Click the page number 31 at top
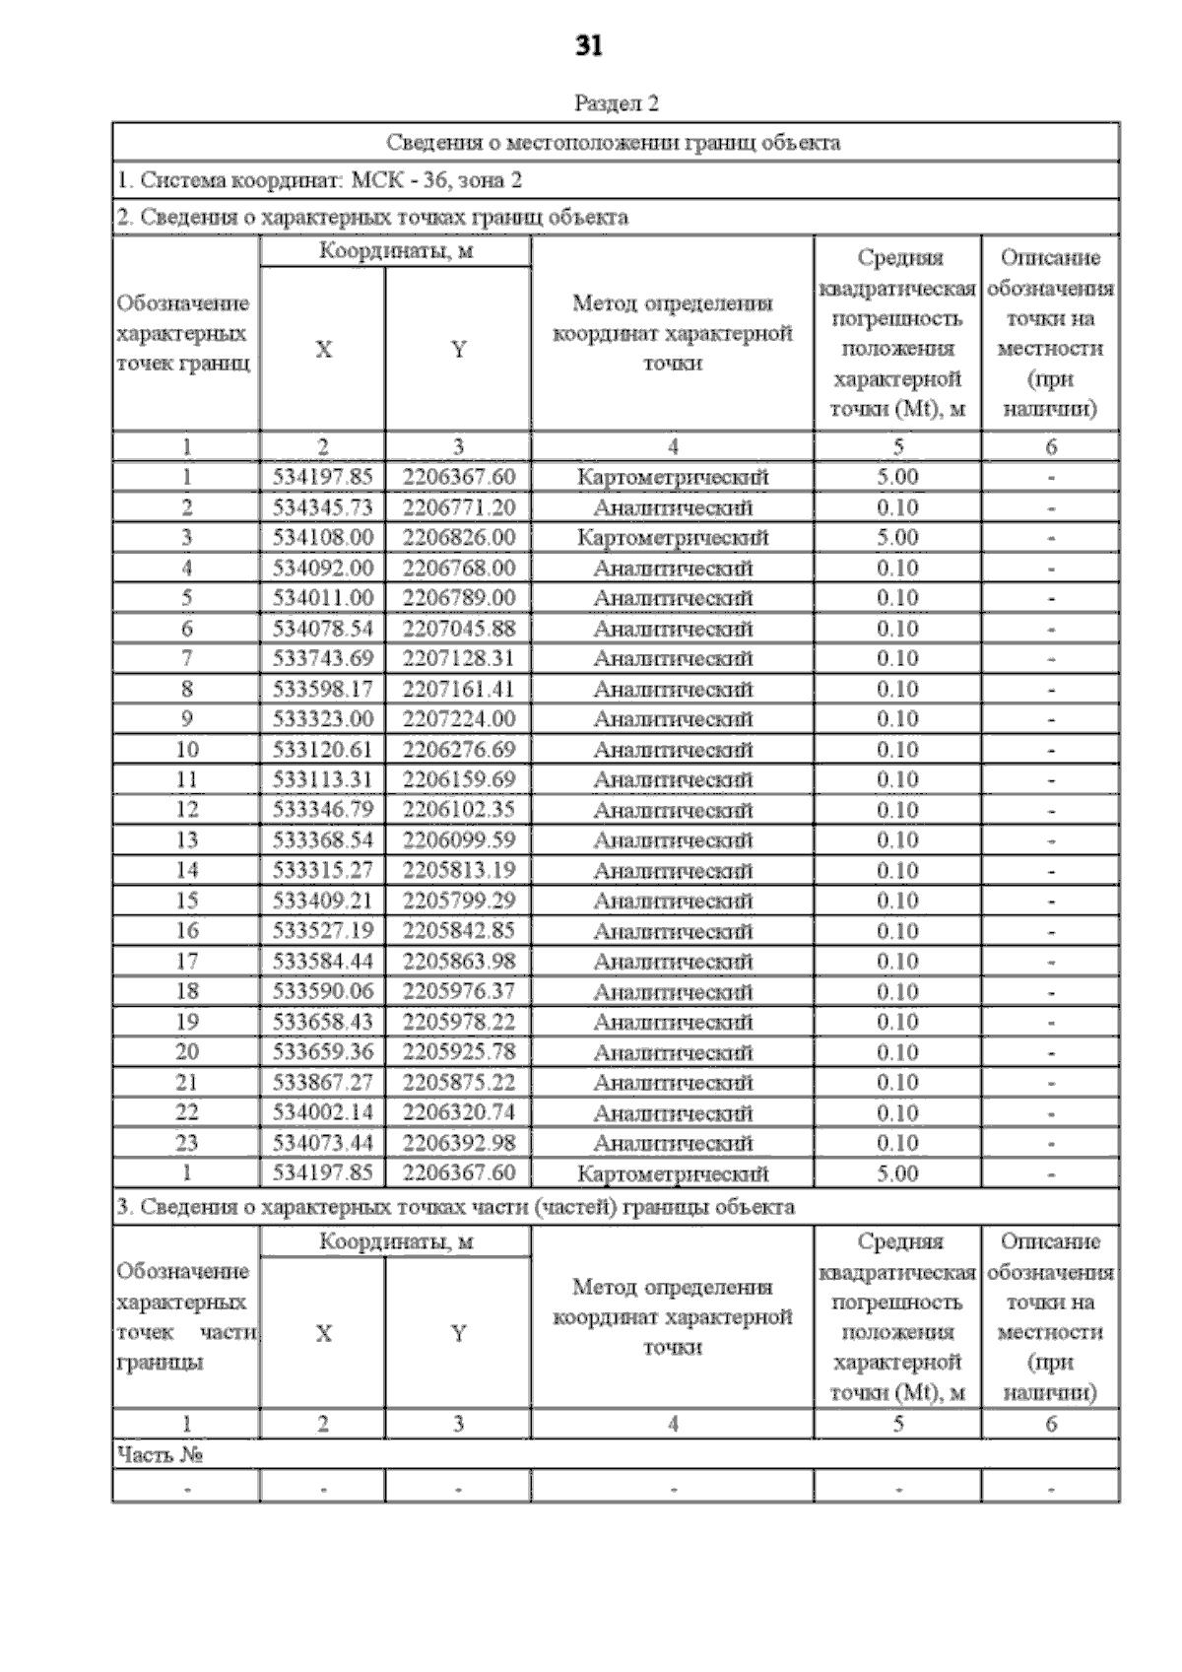tap(588, 46)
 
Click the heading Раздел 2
tap(616, 103)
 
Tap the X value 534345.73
tap(323, 507)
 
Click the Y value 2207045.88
tap(458, 629)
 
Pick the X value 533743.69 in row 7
tap(323, 658)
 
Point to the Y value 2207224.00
tap(458, 719)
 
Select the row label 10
tap(186, 750)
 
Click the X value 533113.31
tap(323, 779)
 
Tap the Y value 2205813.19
tap(458, 870)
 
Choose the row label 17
tap(186, 961)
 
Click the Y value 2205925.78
tap(458, 1051)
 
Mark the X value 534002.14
tap(323, 1112)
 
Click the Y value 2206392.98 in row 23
tap(458, 1143)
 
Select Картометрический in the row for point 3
tap(673, 538)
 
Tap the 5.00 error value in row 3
tap(897, 538)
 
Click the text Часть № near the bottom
tap(160, 1454)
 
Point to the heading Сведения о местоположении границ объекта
tap(614, 143)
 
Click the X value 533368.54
tap(323, 840)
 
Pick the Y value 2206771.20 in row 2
tap(458, 507)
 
